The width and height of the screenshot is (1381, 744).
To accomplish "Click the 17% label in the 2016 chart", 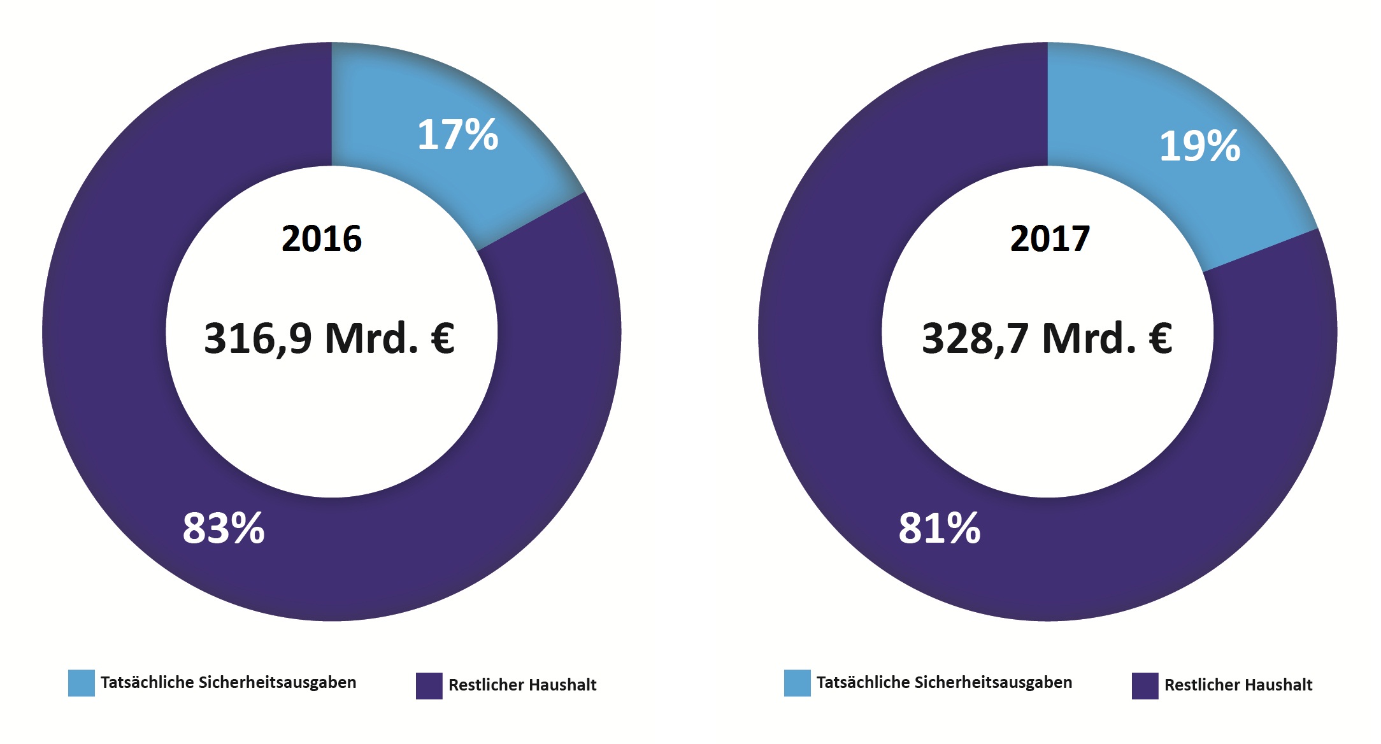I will [457, 135].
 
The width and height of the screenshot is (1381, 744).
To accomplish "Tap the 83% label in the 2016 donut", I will [224, 528].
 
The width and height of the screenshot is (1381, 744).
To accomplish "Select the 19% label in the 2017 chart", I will [1199, 146].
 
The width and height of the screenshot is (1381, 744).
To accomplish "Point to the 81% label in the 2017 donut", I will [940, 528].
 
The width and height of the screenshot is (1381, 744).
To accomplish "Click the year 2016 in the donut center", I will [322, 239].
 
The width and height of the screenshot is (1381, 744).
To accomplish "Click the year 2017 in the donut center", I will [1050, 239].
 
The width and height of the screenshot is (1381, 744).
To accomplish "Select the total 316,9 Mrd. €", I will [329, 338].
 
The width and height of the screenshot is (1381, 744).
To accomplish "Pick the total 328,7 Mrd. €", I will [1047, 338].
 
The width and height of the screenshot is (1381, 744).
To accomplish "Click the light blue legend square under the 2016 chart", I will [82, 683].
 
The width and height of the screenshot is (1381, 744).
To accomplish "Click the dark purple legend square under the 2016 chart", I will [429, 686].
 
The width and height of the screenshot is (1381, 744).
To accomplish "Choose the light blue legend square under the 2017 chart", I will [797, 683].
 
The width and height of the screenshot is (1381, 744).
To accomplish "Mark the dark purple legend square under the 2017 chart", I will [1145, 686].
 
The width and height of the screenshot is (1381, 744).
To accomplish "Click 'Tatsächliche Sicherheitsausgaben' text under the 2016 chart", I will [228, 683].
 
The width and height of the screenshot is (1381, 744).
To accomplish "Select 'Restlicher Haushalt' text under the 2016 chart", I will [522, 685].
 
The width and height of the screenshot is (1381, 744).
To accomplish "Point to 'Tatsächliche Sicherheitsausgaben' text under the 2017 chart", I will [944, 683].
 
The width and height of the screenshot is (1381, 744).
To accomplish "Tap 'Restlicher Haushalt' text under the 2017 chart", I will [1238, 685].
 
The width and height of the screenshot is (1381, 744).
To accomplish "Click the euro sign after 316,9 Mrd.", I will [443, 338].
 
